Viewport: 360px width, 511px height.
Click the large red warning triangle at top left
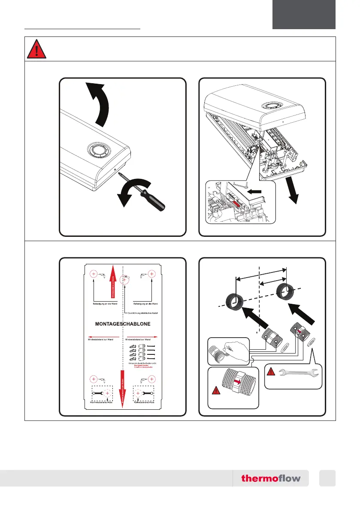click(x=37, y=50)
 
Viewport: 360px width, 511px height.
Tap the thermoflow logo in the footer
click(x=271, y=478)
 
